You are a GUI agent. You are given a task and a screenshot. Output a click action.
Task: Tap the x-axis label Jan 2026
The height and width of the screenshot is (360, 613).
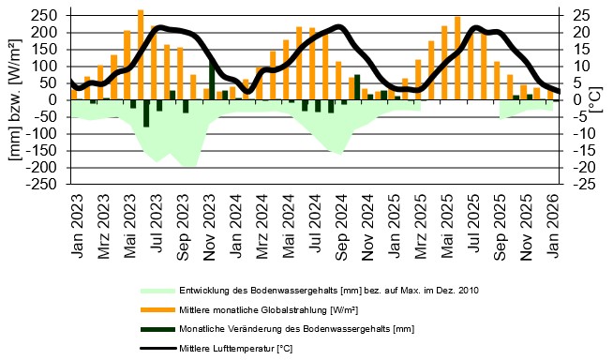(x=555, y=218)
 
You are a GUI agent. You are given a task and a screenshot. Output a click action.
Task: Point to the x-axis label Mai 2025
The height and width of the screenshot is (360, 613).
(x=448, y=218)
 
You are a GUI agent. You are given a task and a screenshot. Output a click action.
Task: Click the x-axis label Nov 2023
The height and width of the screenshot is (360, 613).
(x=209, y=218)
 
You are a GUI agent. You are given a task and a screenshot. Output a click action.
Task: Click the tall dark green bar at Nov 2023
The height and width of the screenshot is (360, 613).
(x=212, y=81)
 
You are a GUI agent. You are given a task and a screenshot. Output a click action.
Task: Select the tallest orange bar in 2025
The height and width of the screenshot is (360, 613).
(x=457, y=57)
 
